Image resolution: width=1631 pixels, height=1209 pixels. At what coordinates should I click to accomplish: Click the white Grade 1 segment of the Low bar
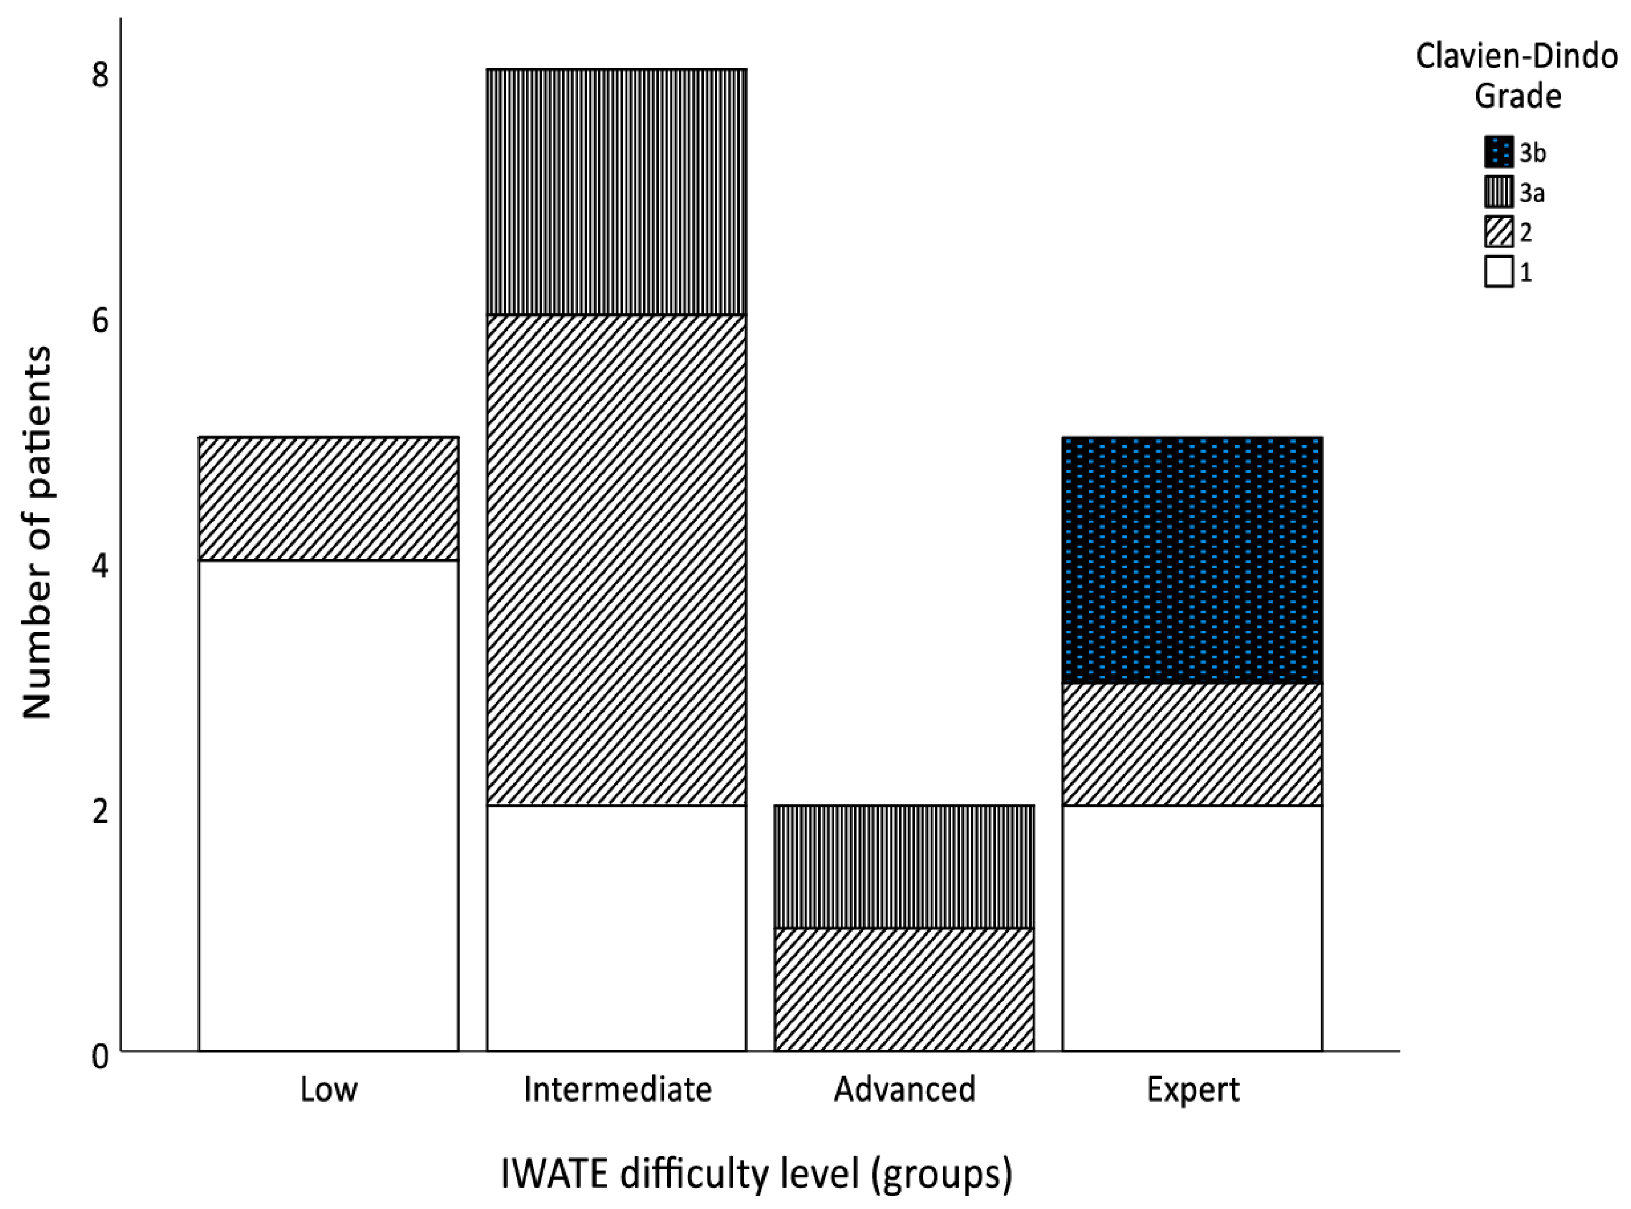point(328,805)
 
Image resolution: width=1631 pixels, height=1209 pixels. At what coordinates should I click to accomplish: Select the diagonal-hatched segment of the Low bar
point(328,499)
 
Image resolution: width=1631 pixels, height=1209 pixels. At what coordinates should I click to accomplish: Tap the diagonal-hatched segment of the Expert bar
point(1192,744)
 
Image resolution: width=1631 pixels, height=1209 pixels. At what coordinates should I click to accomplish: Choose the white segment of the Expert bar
point(1192,927)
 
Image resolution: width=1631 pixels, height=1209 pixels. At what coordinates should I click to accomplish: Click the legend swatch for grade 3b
point(1498,152)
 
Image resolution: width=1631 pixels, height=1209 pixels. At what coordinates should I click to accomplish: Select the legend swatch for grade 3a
point(1498,192)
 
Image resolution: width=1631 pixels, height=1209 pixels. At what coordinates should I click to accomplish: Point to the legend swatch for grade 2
point(1498,232)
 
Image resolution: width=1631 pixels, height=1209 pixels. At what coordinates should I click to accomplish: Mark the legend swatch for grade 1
point(1498,272)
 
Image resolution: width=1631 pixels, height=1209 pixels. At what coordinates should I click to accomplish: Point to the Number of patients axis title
point(36,532)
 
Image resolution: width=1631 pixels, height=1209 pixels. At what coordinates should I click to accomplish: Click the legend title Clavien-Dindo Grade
point(1517,76)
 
